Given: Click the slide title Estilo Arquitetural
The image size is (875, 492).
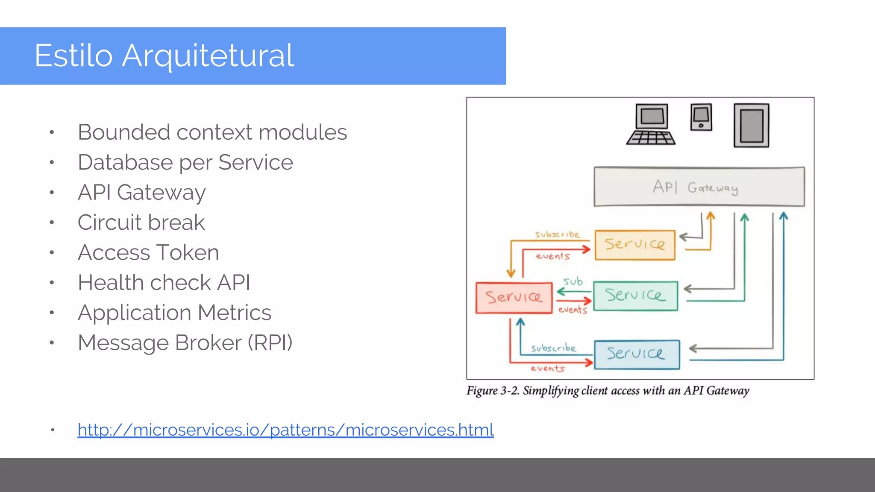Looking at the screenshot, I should coord(164,56).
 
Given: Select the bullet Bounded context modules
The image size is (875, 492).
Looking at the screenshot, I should coord(212,132).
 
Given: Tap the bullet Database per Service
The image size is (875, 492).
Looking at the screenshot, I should coord(185,163).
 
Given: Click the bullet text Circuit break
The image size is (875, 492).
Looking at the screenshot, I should coord(141,223).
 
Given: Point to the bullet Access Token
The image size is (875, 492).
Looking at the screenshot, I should coord(148,253).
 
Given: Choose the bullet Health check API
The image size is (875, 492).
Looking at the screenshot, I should coord(164,283).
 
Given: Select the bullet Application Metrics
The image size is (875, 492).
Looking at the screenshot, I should coord(174,313).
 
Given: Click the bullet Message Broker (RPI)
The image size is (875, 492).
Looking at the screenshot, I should coord(185,343).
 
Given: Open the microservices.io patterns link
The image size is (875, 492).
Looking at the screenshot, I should coord(285,430).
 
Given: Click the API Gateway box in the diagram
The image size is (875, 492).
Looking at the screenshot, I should coord(699,187).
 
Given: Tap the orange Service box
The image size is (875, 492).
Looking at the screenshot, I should coord(635,245).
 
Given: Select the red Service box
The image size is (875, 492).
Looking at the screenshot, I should coord(514,298).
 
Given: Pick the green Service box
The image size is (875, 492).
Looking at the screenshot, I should coord(635,296).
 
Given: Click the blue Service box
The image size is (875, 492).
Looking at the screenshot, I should coord(637,354).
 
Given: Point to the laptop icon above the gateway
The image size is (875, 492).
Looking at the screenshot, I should coord(651,124).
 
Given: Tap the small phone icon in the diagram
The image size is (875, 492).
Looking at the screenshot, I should coord(701,117).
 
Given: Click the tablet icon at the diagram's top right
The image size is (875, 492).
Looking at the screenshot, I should coord(751,126).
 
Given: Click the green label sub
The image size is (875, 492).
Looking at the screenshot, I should coord(573,282).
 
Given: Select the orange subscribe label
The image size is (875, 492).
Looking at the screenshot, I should coord(557,234).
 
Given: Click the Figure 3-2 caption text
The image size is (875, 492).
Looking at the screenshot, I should coord(608,391).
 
